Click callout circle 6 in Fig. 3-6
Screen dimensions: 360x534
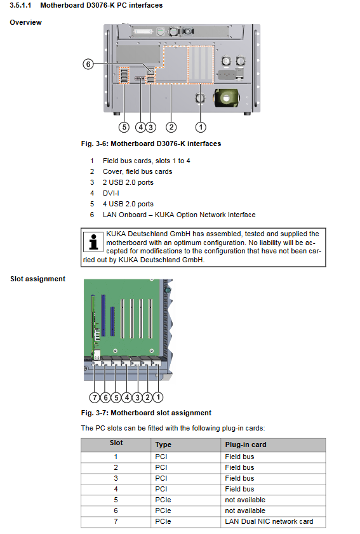point(88,63)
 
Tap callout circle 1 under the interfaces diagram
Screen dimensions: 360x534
point(201,128)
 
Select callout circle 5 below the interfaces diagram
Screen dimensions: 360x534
point(124,128)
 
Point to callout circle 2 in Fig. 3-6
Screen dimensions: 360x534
point(171,128)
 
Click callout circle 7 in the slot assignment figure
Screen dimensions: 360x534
point(95,397)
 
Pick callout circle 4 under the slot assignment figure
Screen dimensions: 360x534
point(127,397)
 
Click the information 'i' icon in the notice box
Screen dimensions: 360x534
point(93,241)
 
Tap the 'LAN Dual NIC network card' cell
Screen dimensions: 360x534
point(269,521)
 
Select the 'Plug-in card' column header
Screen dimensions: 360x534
point(246,444)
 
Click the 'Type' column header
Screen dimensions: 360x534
point(163,444)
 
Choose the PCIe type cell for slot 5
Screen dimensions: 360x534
point(163,500)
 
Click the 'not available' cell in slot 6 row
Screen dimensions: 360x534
point(245,511)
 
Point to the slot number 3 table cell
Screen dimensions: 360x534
point(116,478)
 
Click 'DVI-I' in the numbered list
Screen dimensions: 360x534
point(111,193)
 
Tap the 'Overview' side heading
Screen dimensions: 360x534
point(25,22)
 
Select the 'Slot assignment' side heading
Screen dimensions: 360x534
point(38,279)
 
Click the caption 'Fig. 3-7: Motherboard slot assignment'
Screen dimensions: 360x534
point(146,413)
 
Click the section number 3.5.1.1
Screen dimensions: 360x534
point(20,6)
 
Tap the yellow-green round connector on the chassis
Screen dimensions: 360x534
point(226,98)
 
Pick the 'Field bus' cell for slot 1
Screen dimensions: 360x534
point(239,457)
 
